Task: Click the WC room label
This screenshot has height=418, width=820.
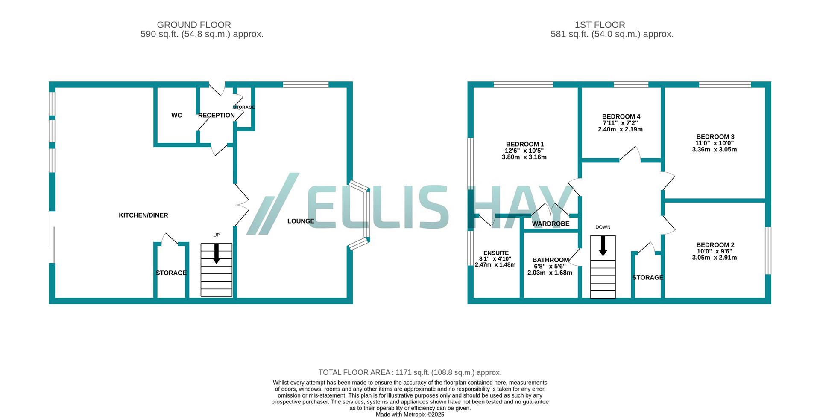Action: point(176,115)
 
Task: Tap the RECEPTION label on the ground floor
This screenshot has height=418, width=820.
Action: point(216,115)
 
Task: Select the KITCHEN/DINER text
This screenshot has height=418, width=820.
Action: point(143,215)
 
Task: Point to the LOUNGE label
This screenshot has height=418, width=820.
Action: point(301,221)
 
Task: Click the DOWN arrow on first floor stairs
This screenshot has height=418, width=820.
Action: point(603,247)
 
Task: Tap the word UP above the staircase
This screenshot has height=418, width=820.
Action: point(217,235)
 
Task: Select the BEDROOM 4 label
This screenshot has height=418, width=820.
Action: point(621,116)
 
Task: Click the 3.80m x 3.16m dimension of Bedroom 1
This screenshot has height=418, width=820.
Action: point(524,157)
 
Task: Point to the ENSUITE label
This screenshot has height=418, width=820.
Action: point(496,253)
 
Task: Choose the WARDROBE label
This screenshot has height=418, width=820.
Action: point(551,224)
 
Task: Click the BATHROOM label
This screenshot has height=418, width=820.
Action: point(551,260)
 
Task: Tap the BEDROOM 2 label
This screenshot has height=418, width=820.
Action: point(715,245)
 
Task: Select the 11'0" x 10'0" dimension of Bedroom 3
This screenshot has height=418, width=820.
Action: point(715,143)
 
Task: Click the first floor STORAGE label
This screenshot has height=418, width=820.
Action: point(647,277)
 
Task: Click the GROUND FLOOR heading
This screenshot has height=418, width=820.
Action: point(194,25)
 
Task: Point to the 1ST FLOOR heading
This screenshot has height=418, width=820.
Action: point(600,25)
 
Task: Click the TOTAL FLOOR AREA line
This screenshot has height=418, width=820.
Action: point(410,372)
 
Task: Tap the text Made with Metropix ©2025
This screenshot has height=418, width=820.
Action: point(410,414)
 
